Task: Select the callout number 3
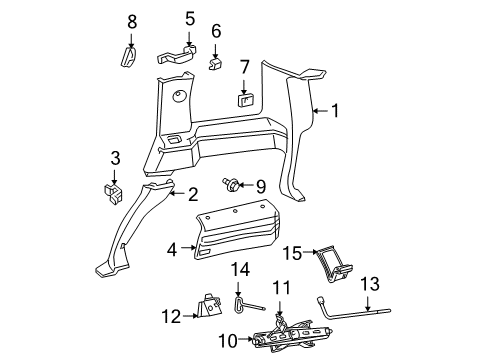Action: pos(115,157)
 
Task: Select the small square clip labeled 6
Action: pos(216,64)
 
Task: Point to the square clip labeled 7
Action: pos(243,98)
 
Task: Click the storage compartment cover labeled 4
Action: pos(240,240)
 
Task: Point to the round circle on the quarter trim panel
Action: pos(180,98)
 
